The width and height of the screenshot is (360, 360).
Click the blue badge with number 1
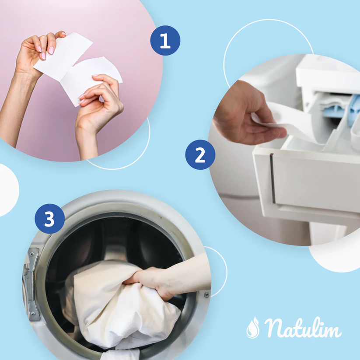(165, 40)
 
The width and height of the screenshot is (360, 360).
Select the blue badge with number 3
(49, 218)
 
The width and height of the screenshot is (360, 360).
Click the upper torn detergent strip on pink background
(66, 55)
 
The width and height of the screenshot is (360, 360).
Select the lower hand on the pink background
(98, 107)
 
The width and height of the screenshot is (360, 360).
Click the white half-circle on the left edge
(7, 190)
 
